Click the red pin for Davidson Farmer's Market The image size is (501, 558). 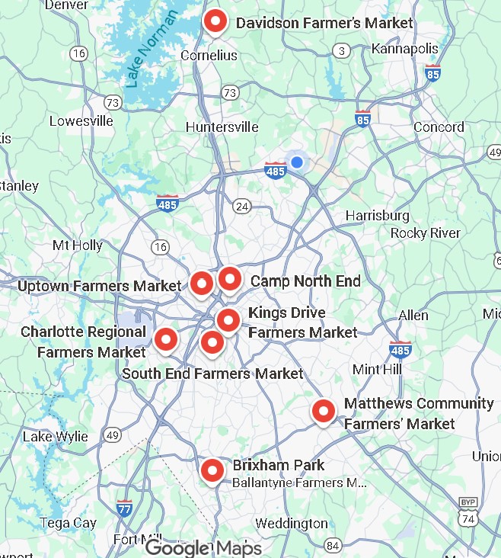(x=215, y=23)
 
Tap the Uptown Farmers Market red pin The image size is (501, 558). (x=201, y=284)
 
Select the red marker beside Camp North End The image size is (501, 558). (x=230, y=280)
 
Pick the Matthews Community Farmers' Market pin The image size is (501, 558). (x=324, y=412)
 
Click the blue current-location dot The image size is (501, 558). (x=297, y=162)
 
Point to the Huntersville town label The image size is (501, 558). (x=222, y=127)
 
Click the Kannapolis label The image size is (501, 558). (x=405, y=49)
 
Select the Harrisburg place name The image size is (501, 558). (x=377, y=216)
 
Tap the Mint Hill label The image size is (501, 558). (x=377, y=369)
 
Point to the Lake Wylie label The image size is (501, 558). (x=55, y=437)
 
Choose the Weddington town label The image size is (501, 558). (x=291, y=524)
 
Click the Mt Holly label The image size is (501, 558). (x=77, y=245)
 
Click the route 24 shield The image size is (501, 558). (x=243, y=207)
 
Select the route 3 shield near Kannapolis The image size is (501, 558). (x=342, y=51)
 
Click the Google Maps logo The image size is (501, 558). (x=203, y=548)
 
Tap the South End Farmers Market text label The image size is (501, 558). (x=212, y=374)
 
